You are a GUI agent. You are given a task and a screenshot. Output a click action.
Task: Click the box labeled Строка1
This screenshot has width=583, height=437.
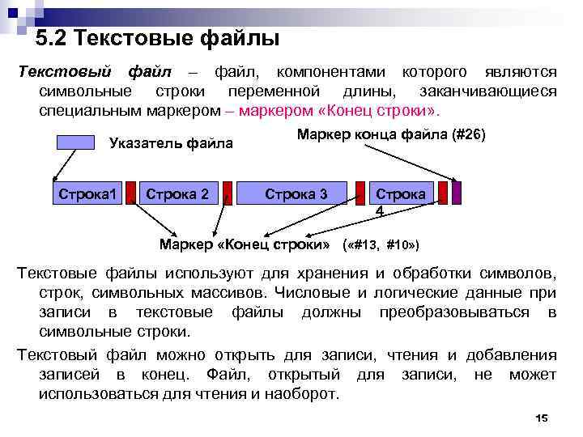(88, 194)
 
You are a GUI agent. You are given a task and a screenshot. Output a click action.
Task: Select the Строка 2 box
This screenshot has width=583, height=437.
(178, 194)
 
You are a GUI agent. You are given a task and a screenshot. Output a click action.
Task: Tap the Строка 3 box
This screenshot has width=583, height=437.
(296, 194)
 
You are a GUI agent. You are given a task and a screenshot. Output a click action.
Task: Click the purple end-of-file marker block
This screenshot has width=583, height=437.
(457, 194)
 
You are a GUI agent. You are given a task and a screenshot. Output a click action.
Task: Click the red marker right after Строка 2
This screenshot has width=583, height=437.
(228, 194)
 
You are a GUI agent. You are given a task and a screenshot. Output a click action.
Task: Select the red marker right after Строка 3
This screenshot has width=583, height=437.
(360, 194)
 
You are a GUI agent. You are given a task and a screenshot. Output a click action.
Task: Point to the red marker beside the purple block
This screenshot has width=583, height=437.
(443, 194)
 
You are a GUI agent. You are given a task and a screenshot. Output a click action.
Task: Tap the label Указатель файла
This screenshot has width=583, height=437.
(171, 144)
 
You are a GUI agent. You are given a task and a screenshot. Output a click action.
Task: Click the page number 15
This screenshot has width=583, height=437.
(542, 418)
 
